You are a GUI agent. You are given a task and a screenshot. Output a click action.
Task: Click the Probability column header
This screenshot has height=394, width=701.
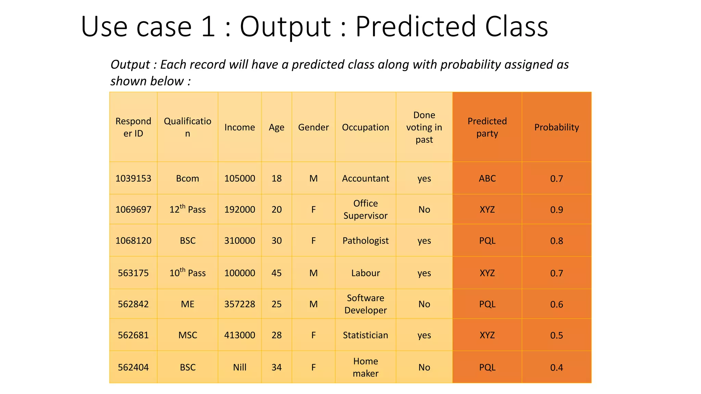557,127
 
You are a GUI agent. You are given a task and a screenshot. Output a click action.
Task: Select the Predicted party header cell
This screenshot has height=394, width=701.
487,127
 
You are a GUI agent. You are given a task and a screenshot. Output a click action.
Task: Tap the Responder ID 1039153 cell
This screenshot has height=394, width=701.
133,178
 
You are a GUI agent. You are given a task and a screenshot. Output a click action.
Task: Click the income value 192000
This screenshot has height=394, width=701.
240,209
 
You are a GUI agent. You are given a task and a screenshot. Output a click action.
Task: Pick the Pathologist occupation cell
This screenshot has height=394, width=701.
366,240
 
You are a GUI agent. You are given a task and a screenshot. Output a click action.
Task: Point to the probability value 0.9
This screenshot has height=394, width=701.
557,209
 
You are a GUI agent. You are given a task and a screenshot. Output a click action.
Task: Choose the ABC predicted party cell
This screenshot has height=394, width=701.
487,178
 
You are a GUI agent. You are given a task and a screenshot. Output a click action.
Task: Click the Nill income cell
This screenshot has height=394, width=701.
240,367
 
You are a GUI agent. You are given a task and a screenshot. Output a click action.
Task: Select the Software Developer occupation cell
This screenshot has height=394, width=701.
366,304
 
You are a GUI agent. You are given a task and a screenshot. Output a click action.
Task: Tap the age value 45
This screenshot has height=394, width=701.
277,273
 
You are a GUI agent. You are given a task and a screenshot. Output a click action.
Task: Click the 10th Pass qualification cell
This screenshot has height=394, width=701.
188,273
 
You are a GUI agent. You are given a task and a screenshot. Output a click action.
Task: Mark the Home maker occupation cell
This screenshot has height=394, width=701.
366,367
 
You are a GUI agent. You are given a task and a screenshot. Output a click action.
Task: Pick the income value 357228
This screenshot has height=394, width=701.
240,304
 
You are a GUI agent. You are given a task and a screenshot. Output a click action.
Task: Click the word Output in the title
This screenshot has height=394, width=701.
285,27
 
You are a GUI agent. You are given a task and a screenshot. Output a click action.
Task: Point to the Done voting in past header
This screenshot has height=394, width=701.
424,127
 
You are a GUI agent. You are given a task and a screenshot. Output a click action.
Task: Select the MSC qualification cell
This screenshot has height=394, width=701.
188,335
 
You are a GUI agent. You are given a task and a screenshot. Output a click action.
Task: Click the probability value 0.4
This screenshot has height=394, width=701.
557,367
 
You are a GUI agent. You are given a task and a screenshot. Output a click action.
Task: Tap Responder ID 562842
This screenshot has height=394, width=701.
133,304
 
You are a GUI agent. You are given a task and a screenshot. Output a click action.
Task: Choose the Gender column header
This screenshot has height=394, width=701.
313,127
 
